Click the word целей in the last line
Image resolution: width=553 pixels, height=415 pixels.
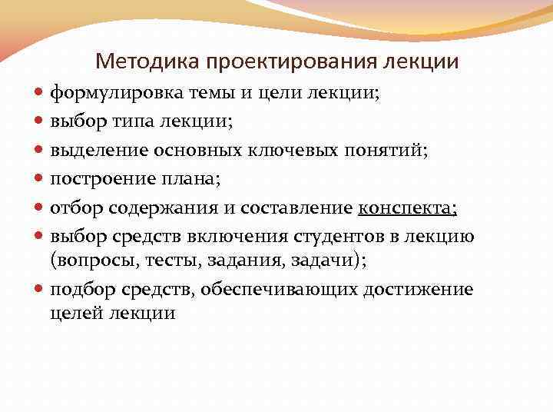(75, 313)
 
